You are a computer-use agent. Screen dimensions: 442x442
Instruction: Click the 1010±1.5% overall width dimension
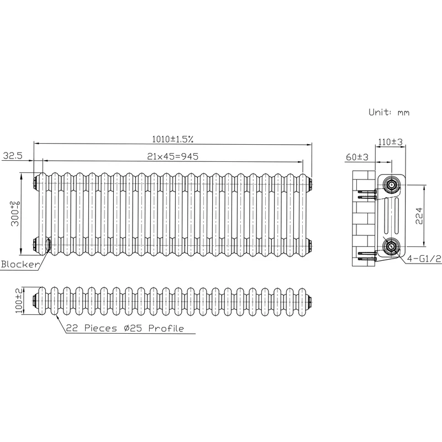coord(173,139)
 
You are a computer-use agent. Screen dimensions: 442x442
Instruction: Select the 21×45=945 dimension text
coord(173,156)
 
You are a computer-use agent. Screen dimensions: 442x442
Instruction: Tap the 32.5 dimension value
coord(13,155)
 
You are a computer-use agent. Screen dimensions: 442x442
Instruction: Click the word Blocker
coord(20,264)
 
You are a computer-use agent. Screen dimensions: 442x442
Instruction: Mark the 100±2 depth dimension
coord(19,301)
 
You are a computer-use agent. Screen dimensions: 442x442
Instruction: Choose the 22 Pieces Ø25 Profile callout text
coord(125,328)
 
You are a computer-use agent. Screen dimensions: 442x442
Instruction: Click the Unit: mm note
coord(389,112)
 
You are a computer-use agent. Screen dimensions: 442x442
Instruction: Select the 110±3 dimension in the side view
coord(390,142)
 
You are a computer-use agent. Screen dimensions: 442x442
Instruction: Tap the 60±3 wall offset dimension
coord(357,157)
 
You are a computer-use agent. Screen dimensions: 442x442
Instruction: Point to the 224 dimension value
coord(419,215)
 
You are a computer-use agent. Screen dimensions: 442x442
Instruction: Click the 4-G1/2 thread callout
coord(424,259)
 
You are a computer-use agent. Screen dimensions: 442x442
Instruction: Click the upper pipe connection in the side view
coord(391,185)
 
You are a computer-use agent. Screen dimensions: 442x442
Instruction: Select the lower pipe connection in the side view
coord(391,246)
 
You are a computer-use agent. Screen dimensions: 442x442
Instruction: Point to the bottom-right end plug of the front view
coord(309,245)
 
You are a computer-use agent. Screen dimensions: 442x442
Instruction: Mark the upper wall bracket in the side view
coord(366,194)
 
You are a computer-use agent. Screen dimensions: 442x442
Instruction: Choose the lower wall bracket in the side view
coord(367,255)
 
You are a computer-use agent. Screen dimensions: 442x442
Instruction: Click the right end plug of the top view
coord(309,301)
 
